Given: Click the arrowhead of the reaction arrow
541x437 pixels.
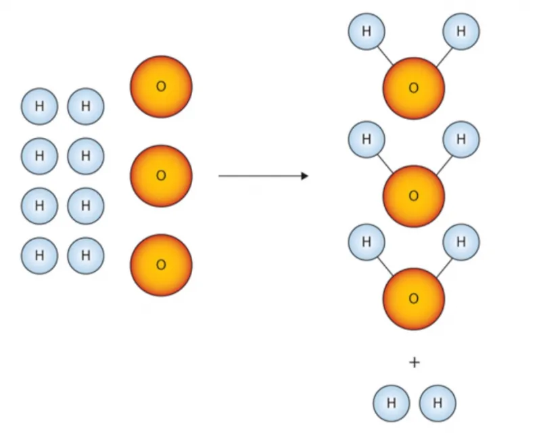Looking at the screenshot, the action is pos(305,176).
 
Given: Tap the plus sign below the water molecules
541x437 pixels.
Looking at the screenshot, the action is pos(415,363).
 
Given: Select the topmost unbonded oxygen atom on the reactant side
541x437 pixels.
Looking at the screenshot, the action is pos(161,87).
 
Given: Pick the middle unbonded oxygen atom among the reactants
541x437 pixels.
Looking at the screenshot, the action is pos(161,176).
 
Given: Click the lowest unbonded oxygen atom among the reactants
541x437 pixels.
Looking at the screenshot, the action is pos(161,265).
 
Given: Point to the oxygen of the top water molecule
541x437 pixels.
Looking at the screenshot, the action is pos(414,89).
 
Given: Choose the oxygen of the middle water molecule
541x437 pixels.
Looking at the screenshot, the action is pos(414,196).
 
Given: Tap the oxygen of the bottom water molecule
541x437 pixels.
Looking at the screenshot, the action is pos(414,299).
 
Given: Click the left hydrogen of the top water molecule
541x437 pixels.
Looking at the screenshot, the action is pos(367,31).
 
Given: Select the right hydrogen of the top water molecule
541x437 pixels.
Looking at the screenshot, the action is pos(461,31).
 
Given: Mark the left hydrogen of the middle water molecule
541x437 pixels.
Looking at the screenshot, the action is pos(367,139).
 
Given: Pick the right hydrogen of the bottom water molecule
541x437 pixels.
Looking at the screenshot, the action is pos(461,242).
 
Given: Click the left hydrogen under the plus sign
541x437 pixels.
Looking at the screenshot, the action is pos(392,403).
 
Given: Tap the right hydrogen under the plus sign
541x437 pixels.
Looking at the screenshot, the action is pos(438,403).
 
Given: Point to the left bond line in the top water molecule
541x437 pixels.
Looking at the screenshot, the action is pos(385,55).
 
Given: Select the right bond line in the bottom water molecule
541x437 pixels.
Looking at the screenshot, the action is pos(444,268).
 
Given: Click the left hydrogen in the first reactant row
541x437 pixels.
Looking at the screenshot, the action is pos(39,106).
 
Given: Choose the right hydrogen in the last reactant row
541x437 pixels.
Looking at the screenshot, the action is pos(86,256).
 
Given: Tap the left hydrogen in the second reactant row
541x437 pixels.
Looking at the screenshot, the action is pos(39,156).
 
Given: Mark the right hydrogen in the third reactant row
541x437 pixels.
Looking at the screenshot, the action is pos(86,206).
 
